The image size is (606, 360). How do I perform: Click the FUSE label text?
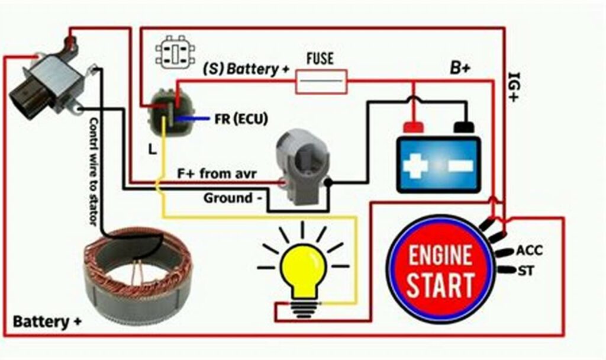[320, 59]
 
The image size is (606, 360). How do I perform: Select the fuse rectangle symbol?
[321, 81]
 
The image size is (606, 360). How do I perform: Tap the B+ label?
[460, 67]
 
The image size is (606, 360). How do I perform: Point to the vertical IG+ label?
[513, 87]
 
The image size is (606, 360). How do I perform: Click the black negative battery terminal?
[465, 126]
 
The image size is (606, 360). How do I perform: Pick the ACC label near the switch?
[529, 250]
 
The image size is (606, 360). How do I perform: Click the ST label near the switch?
[526, 271]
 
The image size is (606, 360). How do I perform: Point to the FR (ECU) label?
[241, 119]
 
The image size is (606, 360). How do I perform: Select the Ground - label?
[233, 198]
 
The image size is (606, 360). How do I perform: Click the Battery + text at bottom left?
[47, 322]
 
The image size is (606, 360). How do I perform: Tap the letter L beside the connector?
[153, 150]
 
